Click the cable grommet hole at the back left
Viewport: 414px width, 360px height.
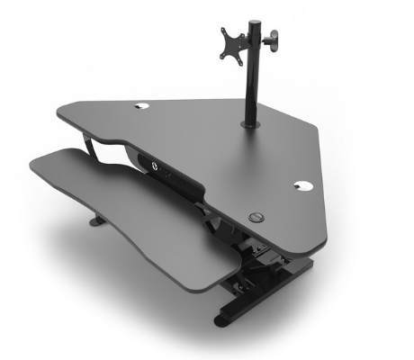[x=143, y=106]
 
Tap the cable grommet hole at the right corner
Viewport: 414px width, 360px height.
[x=301, y=187]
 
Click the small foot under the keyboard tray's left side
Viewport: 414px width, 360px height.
[x=95, y=220]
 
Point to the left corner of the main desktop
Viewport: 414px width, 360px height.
[x=61, y=112]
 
